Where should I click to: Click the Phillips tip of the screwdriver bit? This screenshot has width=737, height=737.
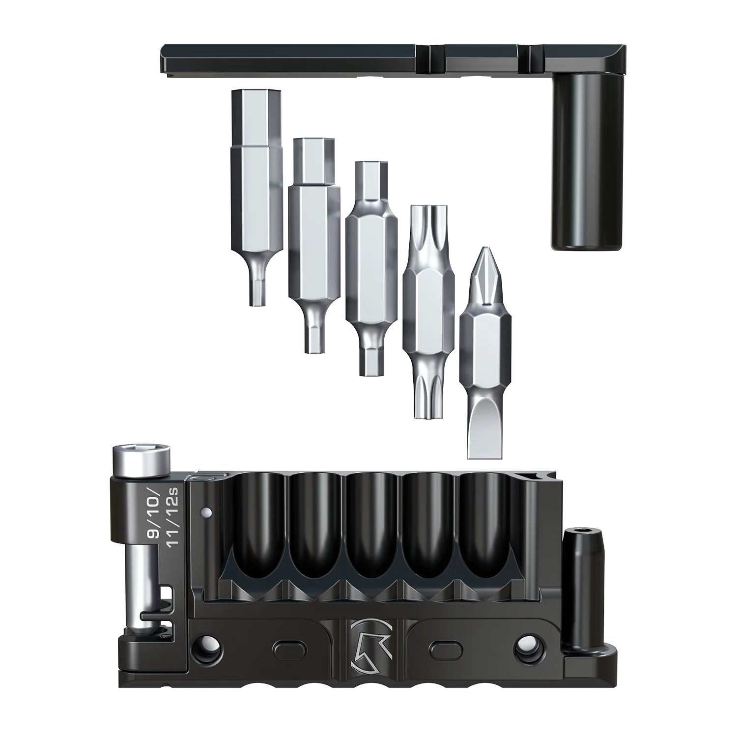tap(485, 278)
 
